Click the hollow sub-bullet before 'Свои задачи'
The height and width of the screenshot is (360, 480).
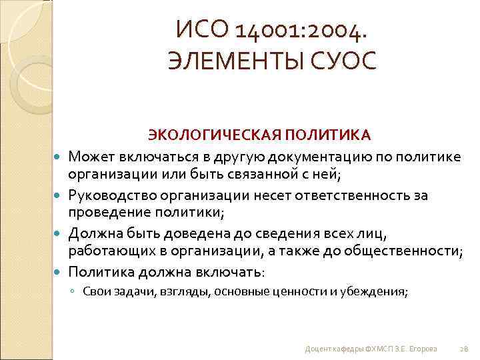click(x=75, y=292)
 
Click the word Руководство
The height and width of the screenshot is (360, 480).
click(x=115, y=195)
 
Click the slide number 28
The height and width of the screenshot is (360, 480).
click(x=464, y=347)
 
